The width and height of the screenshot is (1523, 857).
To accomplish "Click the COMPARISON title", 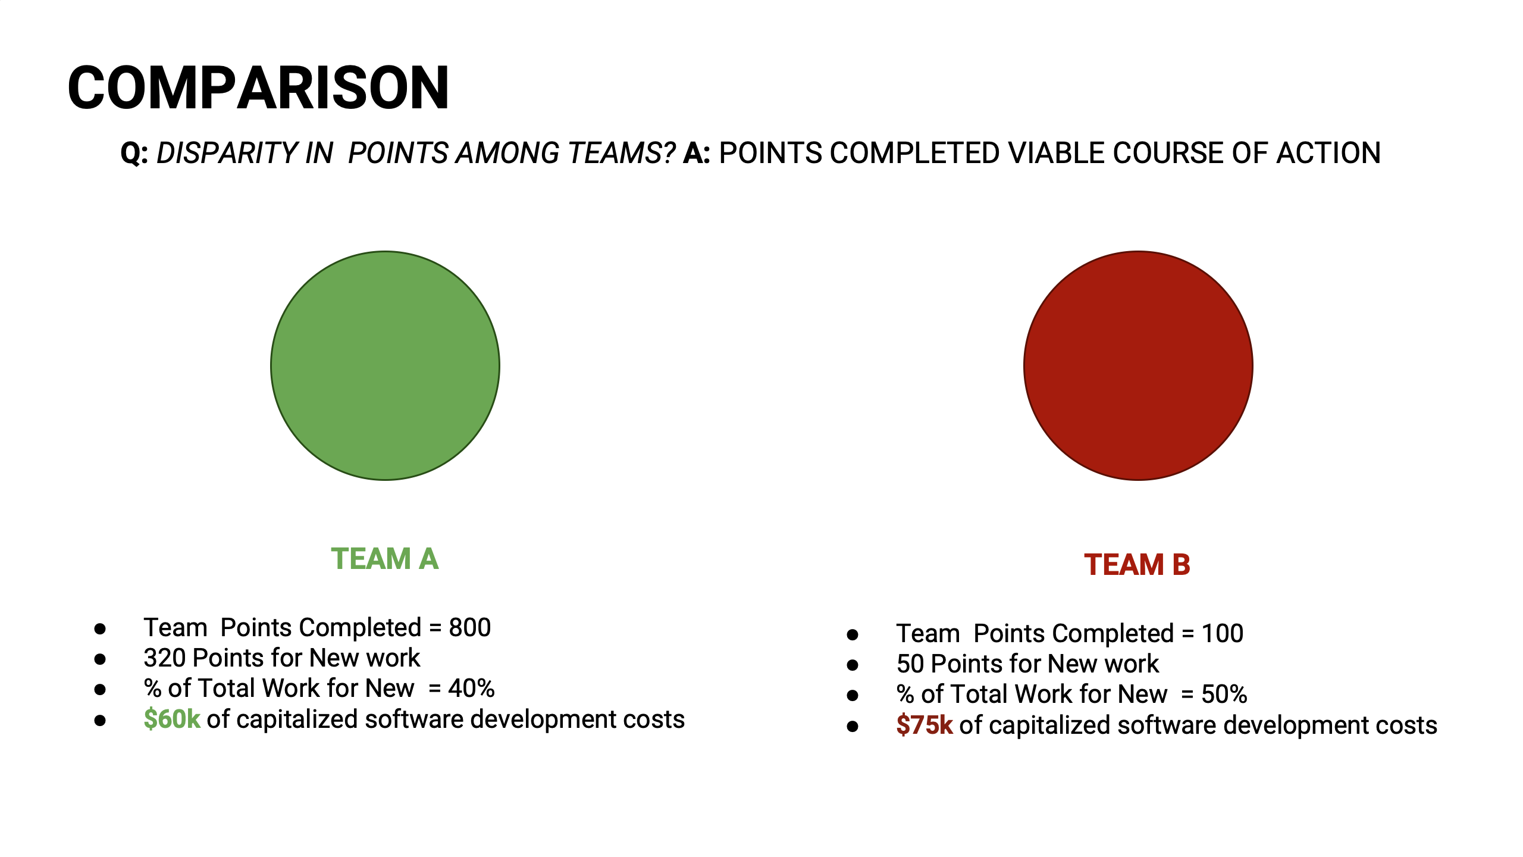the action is tap(258, 88).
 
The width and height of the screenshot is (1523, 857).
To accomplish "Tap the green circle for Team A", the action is tap(385, 365).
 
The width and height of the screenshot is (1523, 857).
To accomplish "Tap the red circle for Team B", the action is tap(1138, 365).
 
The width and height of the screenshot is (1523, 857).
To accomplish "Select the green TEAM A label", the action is tap(385, 559).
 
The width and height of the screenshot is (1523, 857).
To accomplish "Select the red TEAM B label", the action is tap(1137, 565).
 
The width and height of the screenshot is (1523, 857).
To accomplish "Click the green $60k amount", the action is tap(172, 719).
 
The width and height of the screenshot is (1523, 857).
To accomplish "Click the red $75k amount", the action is tap(925, 725).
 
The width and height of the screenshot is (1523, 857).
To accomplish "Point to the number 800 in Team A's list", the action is tap(470, 627).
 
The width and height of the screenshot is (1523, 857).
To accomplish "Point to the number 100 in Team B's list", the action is tap(1223, 633).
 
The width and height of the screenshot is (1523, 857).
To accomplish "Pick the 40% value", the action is tap(471, 689).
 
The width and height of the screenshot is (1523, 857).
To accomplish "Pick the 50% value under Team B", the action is tap(1224, 695).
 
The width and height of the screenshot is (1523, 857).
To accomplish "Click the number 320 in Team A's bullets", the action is tap(165, 658).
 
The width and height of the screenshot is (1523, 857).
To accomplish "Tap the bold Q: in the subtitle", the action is tap(134, 154).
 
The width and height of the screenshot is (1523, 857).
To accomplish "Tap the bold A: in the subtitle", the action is tap(697, 153).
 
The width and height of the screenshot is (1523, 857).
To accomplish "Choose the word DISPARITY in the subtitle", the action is tap(226, 153).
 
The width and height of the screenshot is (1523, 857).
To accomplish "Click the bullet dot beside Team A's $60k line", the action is tap(100, 720).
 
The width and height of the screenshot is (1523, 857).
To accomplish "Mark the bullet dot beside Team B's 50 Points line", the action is tap(853, 665).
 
